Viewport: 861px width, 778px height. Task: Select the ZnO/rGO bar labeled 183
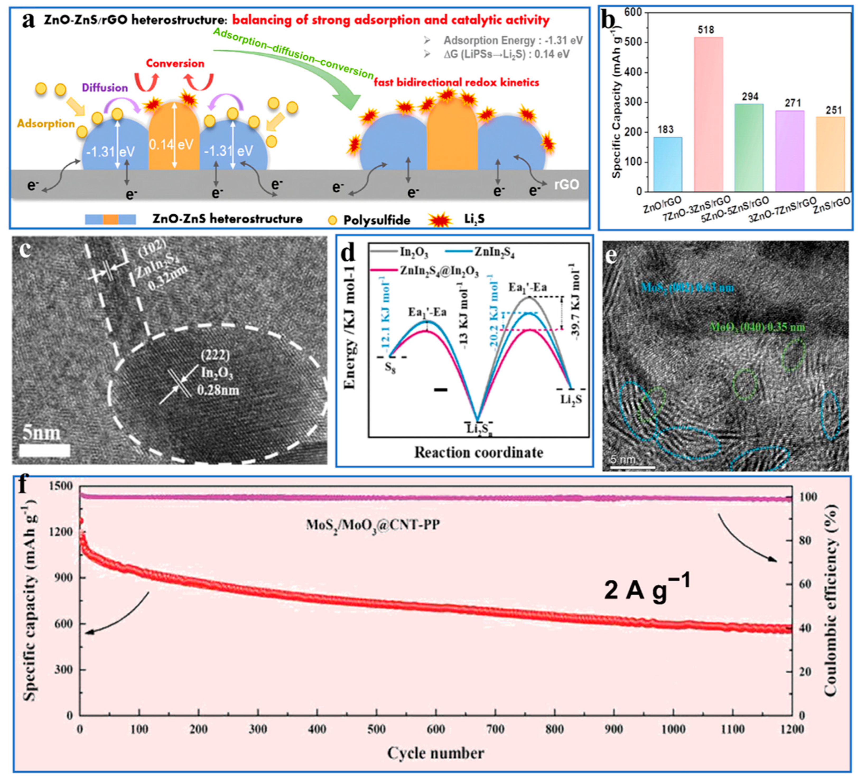click(668, 164)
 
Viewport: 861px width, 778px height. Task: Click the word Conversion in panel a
click(175, 63)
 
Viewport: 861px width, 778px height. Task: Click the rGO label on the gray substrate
click(566, 184)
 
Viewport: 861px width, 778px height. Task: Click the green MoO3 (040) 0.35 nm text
click(757, 327)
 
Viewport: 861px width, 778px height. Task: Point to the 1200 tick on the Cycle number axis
click(791, 729)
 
